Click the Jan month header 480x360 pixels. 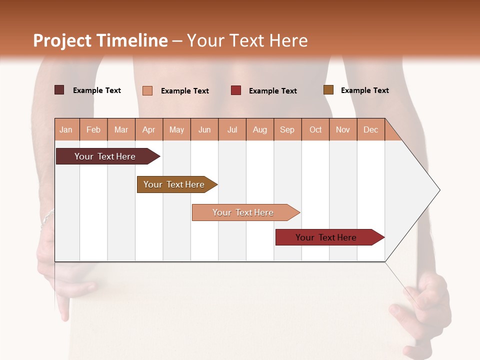[x=66, y=129]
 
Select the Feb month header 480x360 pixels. [x=93, y=129]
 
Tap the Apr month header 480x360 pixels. [x=148, y=129]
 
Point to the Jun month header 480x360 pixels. [x=204, y=129]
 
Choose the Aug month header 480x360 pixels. [x=259, y=129]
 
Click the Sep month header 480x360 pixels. [x=287, y=129]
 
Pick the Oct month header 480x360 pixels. [x=315, y=129]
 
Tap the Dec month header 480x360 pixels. [x=370, y=129]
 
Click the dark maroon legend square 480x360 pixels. [x=59, y=90]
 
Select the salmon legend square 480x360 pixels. [x=147, y=90]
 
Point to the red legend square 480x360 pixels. [x=236, y=90]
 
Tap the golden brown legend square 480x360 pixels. [x=328, y=90]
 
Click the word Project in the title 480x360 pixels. [x=62, y=40]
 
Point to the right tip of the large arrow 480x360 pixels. [x=439, y=190]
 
